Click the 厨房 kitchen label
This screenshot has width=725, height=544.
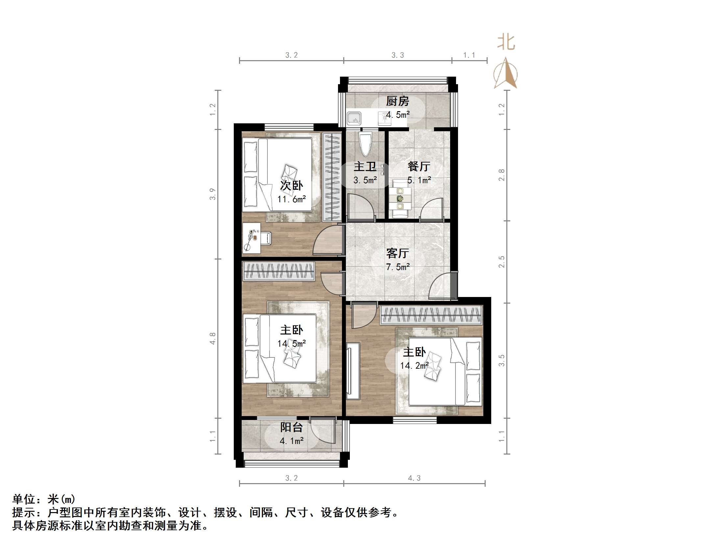point(398,101)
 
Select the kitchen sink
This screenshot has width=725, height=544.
point(354,118)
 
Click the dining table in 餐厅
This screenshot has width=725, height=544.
point(400,199)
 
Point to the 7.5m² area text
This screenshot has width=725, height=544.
point(398,267)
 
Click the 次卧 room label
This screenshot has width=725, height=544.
point(291,185)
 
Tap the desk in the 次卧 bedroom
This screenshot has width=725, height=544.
point(251,238)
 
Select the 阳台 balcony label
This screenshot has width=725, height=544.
point(291,427)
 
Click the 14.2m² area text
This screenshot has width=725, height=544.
point(414,365)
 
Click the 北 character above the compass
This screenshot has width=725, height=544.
point(506,43)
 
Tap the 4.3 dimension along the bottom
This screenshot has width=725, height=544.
point(414,478)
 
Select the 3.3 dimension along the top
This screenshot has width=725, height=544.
point(398,55)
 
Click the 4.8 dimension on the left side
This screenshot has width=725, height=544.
point(213,338)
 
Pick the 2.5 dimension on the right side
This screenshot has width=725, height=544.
point(501,262)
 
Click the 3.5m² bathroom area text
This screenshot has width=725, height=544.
point(365,180)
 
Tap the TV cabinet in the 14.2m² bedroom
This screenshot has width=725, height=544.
point(353,370)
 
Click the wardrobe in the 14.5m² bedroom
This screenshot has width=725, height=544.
point(278,271)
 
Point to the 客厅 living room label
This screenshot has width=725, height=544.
point(398,253)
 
